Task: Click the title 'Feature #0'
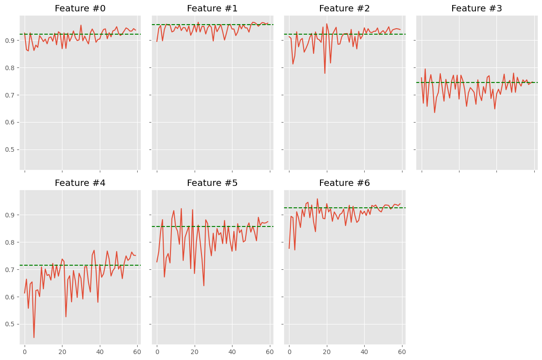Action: coord(80,9)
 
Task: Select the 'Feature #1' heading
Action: coord(212,9)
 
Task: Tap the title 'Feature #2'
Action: coord(344,9)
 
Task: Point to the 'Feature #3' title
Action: coord(476,9)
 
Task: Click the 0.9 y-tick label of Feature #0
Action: coord(10,41)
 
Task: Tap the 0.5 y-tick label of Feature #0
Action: coord(10,150)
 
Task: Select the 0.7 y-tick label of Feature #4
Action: coord(10,270)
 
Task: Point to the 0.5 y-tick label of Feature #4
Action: coord(10,324)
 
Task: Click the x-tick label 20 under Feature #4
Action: coord(62,352)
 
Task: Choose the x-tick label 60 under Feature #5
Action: coord(270,352)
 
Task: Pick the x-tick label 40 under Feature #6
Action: coord(364,352)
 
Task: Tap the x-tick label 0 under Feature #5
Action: coord(157,352)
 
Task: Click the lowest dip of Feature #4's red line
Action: coord(34,338)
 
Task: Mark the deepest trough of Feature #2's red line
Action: coord(325,73)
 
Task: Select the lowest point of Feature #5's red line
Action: coord(204,286)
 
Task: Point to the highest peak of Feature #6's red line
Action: coord(317,199)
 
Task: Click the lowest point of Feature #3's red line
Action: coord(434,113)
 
